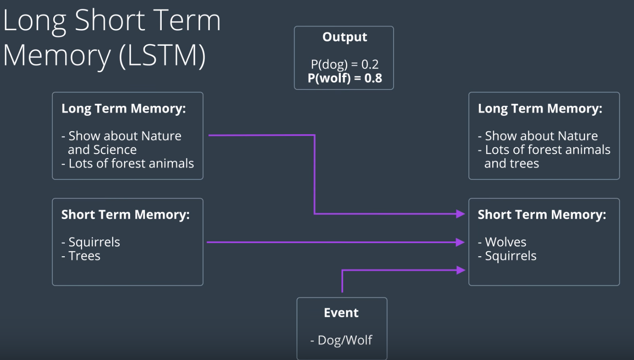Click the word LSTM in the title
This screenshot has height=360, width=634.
[x=162, y=56]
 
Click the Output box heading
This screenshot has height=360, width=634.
[x=345, y=37]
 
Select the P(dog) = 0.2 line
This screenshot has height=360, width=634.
[x=345, y=64]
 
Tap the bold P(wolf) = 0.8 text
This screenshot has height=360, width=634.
[x=345, y=78]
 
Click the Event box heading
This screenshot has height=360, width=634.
[x=341, y=313]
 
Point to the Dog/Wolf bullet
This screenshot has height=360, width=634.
[x=341, y=340]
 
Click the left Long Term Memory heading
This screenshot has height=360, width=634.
[x=124, y=108]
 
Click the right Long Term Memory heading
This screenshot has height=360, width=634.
[x=540, y=108]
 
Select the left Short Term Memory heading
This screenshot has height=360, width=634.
[x=125, y=215]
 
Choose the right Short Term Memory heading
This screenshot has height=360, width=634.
[x=542, y=215]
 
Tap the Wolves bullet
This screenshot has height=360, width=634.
[x=503, y=242]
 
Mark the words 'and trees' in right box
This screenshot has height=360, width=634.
[x=512, y=163]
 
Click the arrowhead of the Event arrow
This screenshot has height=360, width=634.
[x=461, y=271]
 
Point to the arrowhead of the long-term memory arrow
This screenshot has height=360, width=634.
[x=461, y=214]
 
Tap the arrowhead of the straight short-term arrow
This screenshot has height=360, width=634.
[x=461, y=242]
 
